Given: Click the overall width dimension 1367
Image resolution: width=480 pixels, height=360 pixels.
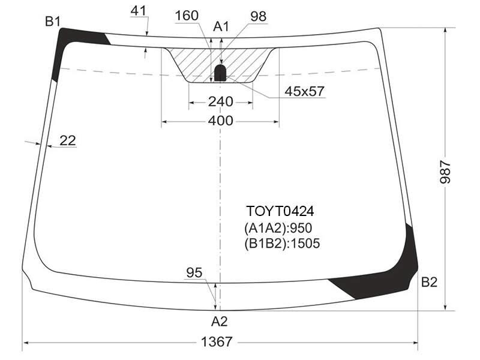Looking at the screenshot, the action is point(217,341).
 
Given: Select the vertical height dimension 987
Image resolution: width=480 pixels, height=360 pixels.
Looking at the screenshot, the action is point(445,172).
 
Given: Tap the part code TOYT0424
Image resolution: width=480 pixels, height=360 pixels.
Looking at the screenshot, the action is point(280,211).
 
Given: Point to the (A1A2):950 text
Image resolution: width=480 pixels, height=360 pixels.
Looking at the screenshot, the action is point(278,228).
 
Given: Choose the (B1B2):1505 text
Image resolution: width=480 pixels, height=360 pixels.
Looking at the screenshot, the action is point(282,244).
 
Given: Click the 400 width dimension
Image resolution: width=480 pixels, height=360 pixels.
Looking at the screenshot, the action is point(220,121).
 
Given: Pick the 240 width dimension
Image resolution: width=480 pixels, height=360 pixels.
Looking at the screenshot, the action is point(220,101).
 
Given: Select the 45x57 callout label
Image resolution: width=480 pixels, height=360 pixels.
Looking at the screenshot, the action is point(304,91).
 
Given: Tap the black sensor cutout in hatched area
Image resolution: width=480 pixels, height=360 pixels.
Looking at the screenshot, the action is point(220,73).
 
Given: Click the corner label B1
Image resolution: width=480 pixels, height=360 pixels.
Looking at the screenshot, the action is point(53,22).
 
